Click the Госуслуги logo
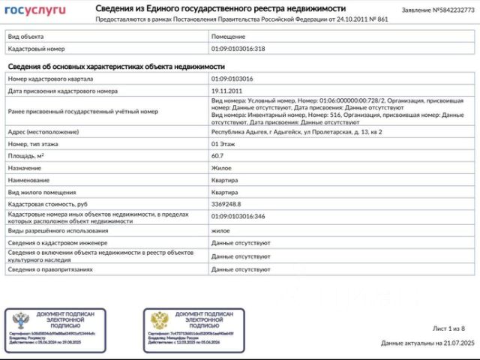click(35, 10)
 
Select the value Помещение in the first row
click(228, 36)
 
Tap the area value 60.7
click(219, 155)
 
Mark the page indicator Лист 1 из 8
click(448, 328)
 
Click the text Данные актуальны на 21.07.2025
click(427, 343)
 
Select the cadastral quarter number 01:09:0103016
click(232, 79)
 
